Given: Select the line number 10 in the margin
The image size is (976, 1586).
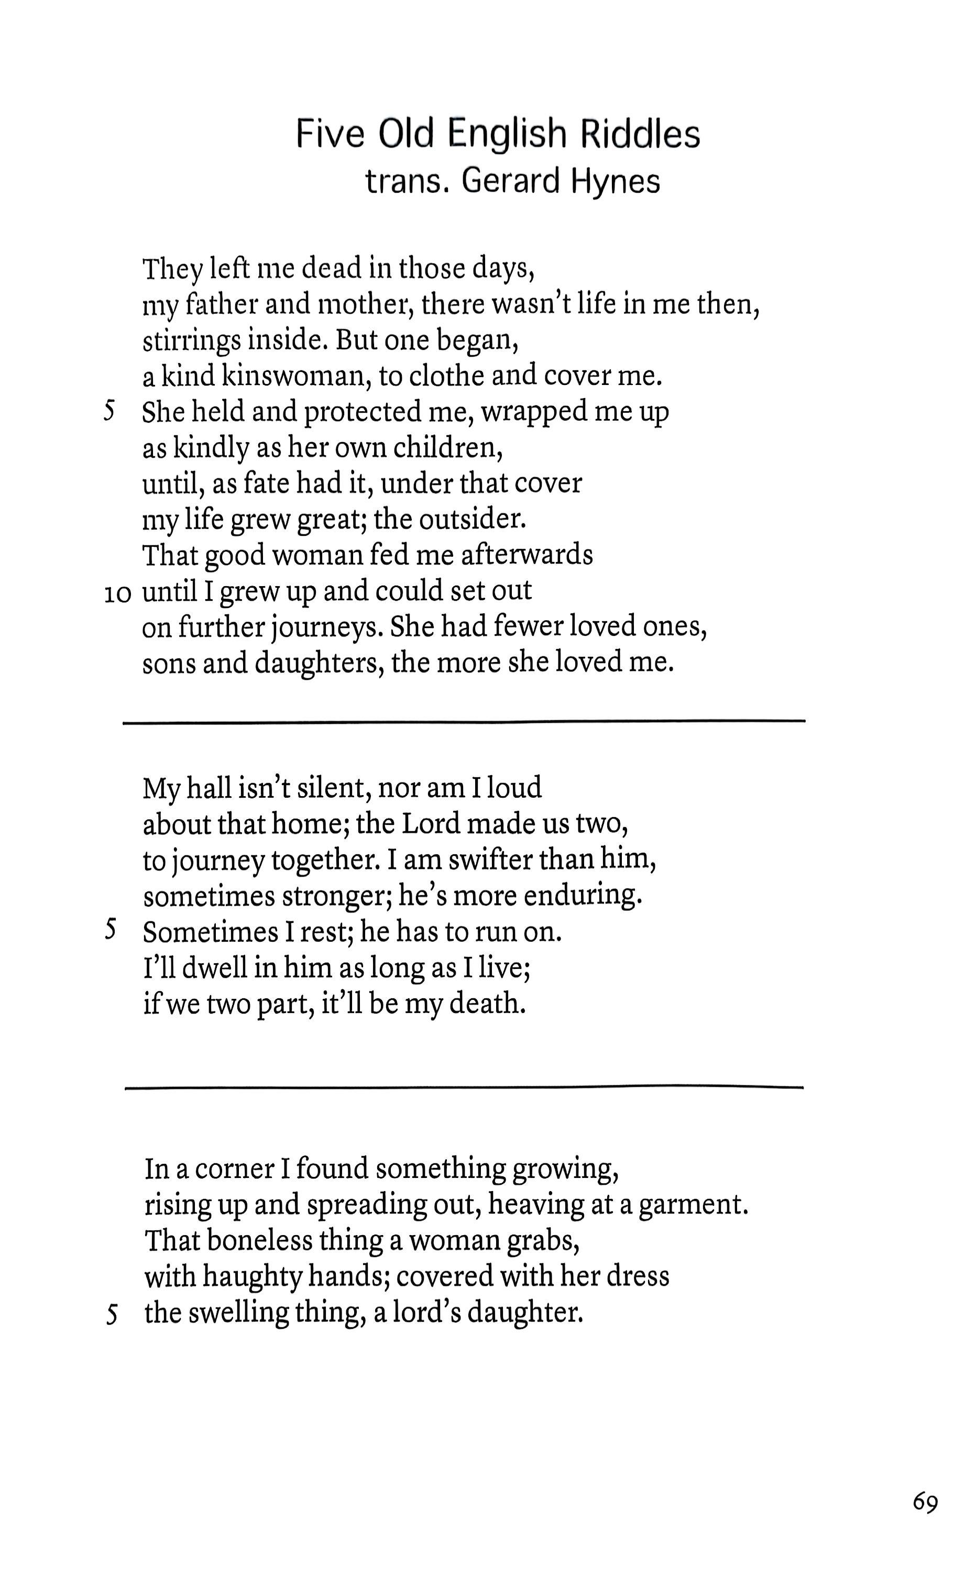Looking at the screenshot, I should pos(117,593).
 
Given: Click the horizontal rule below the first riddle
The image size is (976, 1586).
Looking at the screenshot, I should pos(464,721).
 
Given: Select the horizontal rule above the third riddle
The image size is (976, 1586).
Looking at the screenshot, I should pos(464,1088).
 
